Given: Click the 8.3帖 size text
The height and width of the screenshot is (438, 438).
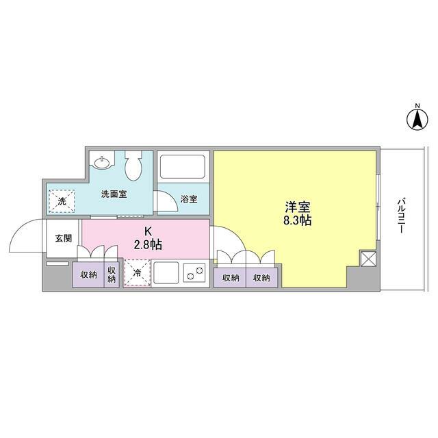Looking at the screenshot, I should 296,221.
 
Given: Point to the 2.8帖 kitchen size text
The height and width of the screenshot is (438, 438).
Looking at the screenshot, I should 148,244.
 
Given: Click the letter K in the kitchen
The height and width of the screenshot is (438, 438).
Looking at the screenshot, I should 147,231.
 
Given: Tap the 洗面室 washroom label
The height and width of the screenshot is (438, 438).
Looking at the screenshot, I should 114,194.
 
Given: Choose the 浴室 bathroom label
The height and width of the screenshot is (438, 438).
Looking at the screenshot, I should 189,199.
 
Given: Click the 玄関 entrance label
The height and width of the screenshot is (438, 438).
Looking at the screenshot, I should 63,238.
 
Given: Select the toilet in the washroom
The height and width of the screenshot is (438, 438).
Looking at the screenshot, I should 133,164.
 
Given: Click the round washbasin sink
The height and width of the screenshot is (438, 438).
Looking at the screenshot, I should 103,162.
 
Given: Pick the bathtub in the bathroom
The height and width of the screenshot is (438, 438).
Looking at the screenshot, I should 182,166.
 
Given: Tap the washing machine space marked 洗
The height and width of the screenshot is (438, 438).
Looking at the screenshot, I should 61,201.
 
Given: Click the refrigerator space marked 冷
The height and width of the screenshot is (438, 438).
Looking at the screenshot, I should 136,273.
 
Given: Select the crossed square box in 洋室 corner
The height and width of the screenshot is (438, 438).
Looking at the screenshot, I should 368,259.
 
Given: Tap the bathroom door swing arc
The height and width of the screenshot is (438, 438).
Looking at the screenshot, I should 166,203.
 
